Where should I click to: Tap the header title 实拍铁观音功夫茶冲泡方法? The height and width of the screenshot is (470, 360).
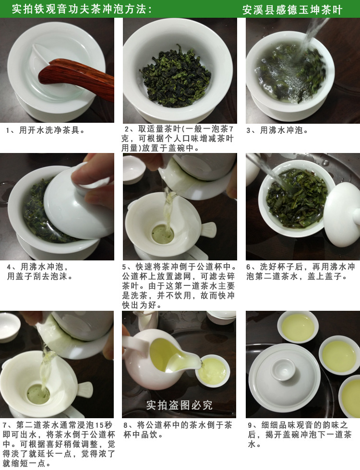coord(82,9)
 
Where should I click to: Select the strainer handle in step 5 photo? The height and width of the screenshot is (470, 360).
coord(208,230)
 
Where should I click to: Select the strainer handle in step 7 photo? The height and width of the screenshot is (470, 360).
coord(84,389)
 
